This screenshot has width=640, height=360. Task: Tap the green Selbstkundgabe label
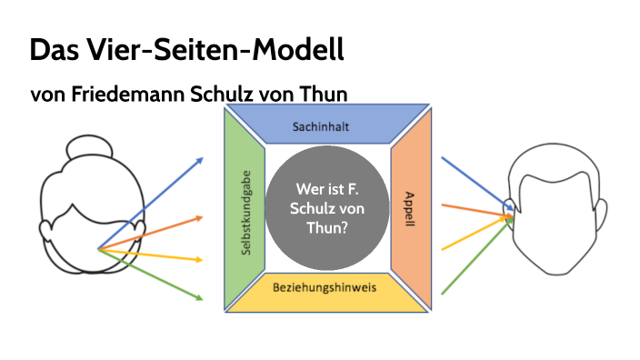click(245, 215)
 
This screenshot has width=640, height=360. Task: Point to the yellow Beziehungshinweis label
click(325, 287)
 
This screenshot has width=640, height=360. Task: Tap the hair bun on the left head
click(92, 145)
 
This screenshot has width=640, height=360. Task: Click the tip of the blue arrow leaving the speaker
click(202, 158)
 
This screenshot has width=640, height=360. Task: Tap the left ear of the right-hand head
click(514, 211)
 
